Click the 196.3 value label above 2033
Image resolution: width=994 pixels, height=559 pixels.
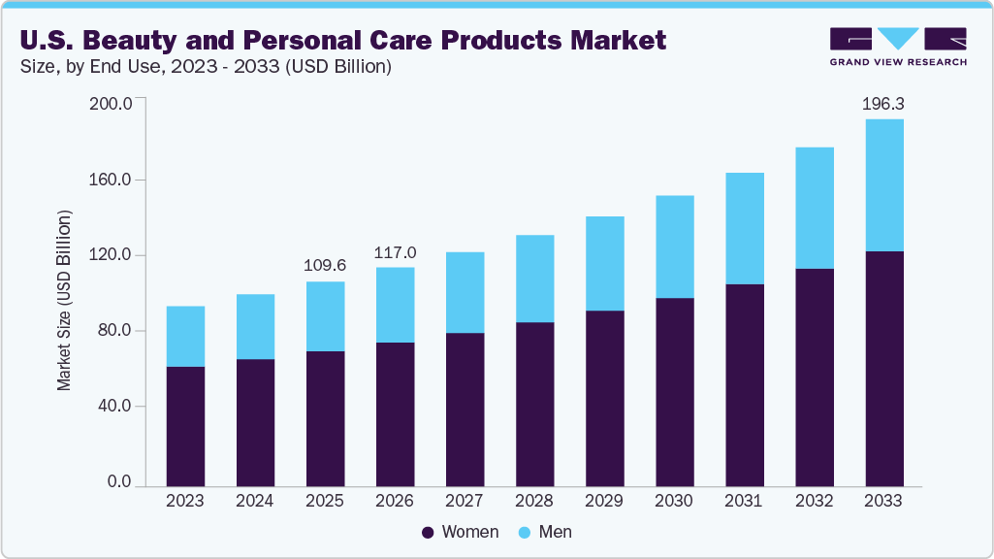coord(883,103)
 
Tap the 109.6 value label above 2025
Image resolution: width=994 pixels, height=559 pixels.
coord(325,265)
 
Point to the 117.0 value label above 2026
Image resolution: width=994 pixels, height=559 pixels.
coord(395,252)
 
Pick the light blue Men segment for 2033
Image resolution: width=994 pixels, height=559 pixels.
coord(883,184)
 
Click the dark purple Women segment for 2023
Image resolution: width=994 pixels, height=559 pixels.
coord(185,426)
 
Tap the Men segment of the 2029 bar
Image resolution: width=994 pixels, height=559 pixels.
coord(604,263)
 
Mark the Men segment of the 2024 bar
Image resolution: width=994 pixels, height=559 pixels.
coord(255,326)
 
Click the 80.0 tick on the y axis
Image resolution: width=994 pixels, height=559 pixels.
coord(113,331)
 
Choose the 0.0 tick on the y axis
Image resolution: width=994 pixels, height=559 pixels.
coord(118,482)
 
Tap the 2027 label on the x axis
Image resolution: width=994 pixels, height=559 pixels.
coord(465,502)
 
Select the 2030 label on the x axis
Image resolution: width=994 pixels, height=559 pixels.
coord(674,502)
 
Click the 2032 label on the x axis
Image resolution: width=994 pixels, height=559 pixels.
coord(814,502)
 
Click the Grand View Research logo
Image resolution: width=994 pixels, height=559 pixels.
coord(898,47)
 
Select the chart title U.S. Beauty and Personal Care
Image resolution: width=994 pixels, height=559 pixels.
coord(343,40)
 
